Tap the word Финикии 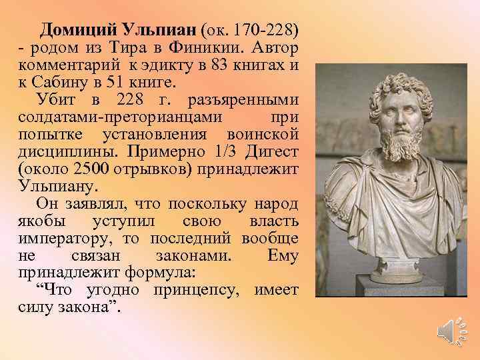point(215,48)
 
